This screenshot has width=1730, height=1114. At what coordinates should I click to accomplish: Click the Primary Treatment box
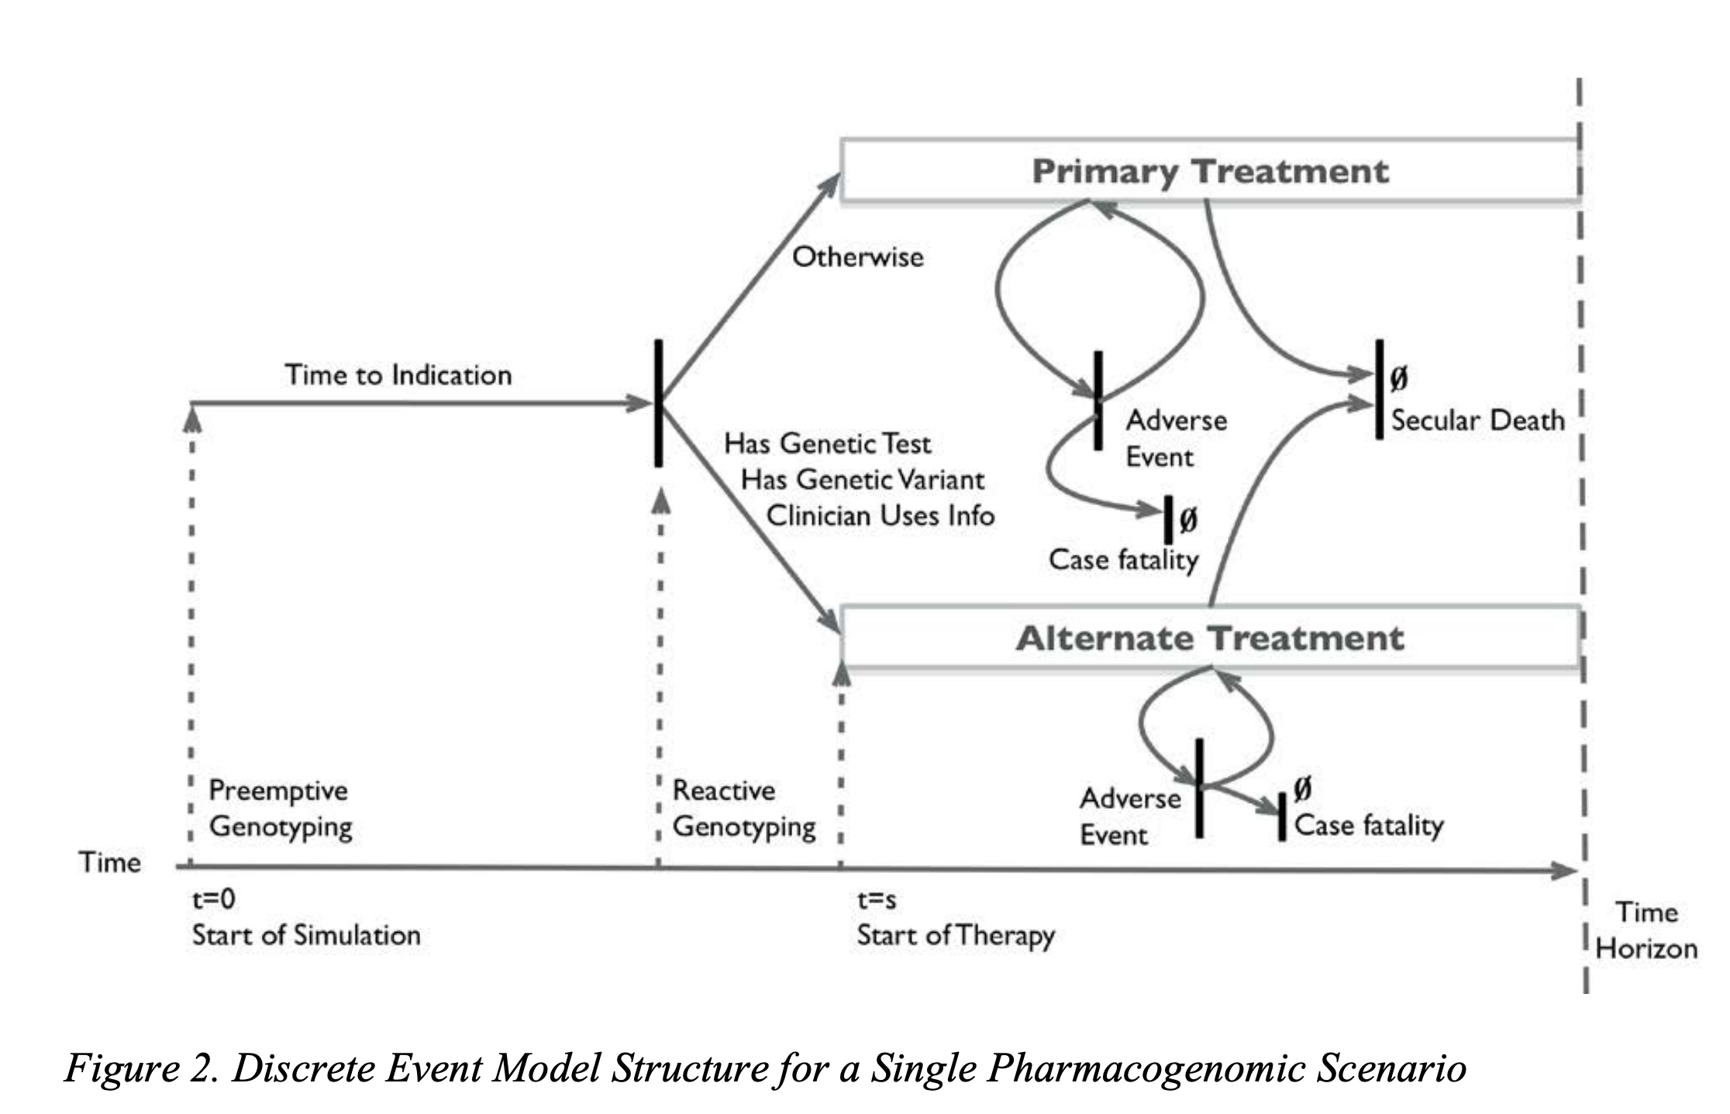1209,171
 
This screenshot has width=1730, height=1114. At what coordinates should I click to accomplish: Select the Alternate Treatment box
1209,638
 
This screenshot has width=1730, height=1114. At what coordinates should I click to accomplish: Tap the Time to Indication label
398,375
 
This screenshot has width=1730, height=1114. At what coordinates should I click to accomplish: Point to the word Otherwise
857,257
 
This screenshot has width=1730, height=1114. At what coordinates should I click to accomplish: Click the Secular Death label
1477,421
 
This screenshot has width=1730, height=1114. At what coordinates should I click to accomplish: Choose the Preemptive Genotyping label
279,808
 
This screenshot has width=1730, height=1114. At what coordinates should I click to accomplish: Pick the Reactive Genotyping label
743,808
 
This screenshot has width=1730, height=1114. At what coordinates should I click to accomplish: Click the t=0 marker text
213,899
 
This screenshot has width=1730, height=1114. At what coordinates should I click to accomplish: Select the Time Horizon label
1646,930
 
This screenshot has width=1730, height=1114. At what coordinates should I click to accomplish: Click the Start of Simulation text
306,936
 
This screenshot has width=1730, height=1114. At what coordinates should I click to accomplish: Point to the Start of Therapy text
955,936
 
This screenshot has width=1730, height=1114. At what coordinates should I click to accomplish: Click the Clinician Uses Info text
880,516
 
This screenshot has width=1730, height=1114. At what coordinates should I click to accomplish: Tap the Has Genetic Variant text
862,480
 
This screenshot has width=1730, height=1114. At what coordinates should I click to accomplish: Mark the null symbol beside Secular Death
1398,379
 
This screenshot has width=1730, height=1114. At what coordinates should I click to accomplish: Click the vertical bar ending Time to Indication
658,403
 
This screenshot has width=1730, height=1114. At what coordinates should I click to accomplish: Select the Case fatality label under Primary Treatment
1123,559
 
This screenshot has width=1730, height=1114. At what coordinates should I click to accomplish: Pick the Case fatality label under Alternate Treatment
1368,825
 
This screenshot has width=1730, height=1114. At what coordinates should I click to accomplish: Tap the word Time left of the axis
109,862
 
